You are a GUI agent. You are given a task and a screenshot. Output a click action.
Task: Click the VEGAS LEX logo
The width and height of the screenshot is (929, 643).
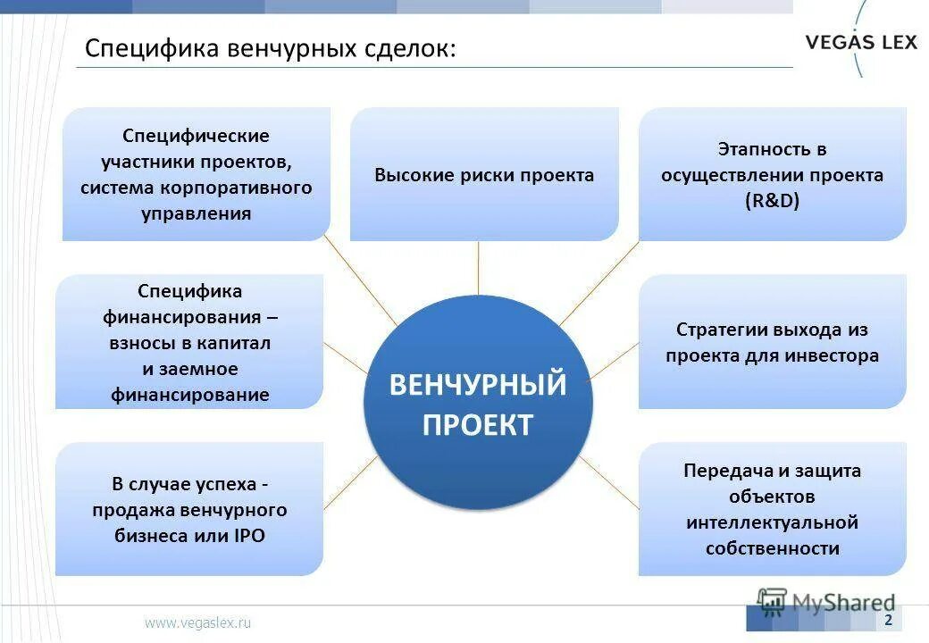pyautogui.click(x=861, y=41)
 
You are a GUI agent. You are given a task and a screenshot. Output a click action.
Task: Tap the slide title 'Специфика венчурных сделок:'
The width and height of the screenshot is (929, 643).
pyautogui.click(x=270, y=48)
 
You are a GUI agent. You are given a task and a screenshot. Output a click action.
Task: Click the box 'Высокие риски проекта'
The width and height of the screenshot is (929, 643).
pyautogui.click(x=483, y=175)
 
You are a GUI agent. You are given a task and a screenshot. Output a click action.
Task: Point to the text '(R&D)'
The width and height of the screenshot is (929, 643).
pyautogui.click(x=772, y=202)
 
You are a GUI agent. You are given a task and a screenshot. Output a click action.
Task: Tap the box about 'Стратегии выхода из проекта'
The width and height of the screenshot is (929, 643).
pyautogui.click(x=772, y=342)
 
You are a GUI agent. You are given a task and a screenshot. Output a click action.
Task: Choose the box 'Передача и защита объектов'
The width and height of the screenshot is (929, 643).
pyautogui.click(x=772, y=509)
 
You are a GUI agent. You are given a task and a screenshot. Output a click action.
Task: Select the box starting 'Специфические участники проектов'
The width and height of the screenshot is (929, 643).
pyautogui.click(x=197, y=175)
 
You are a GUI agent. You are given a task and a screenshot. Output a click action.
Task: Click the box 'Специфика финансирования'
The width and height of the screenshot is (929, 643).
pyautogui.click(x=189, y=342)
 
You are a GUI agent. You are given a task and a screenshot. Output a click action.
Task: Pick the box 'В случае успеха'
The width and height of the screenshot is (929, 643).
pyautogui.click(x=189, y=510)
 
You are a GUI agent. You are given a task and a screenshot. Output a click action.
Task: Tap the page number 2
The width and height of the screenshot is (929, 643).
pyautogui.click(x=888, y=620)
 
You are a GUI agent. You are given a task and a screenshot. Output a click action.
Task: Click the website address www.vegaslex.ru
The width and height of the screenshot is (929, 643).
pyautogui.click(x=198, y=622)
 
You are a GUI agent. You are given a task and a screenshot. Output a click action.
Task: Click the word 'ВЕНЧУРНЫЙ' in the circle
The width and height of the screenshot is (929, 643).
pyautogui.click(x=478, y=385)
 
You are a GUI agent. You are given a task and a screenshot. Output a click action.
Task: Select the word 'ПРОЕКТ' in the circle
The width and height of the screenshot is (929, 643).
pyautogui.click(x=478, y=424)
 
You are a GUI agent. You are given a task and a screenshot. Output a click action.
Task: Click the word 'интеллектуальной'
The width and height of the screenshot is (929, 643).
pyautogui.click(x=772, y=522)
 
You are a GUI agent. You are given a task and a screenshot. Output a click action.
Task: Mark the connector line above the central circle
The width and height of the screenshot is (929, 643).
pyautogui.click(x=479, y=268)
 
